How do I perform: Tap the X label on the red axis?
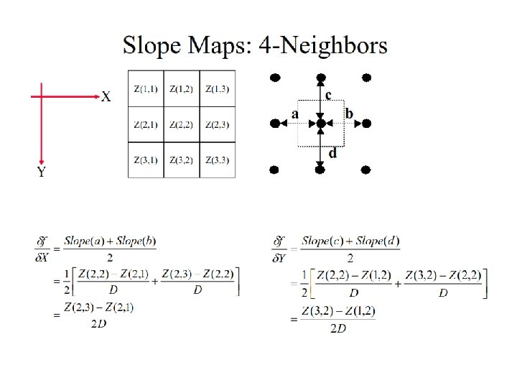point(106,96)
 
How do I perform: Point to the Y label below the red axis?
point(42,172)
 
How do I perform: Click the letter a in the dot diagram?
point(294,114)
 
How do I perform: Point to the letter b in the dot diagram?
point(349,114)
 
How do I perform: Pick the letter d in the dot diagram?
point(332,152)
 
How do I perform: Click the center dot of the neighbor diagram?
point(320,124)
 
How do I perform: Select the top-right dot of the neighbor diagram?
point(366,77)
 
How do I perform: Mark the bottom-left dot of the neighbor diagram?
point(274,170)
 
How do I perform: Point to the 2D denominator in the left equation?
point(98,323)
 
